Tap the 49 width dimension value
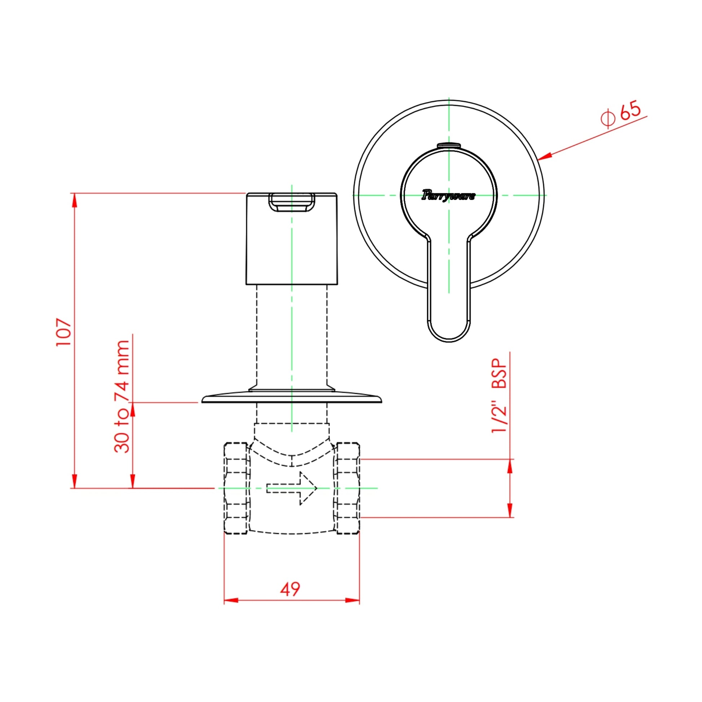point(290,589)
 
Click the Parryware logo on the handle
point(448,196)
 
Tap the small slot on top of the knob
point(291,202)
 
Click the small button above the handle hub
point(449,146)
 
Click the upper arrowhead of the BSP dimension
point(510,466)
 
